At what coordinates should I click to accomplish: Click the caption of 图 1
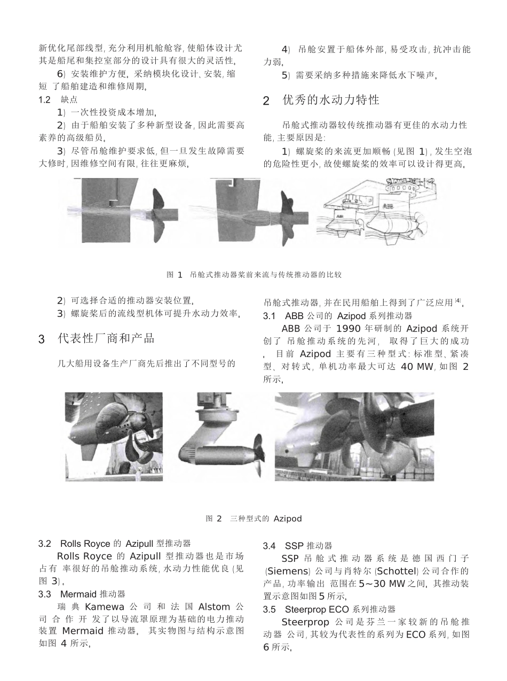[253, 275]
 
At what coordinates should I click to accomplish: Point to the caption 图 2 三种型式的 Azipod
[253, 519]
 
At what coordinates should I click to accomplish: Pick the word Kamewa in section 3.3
[104, 607]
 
